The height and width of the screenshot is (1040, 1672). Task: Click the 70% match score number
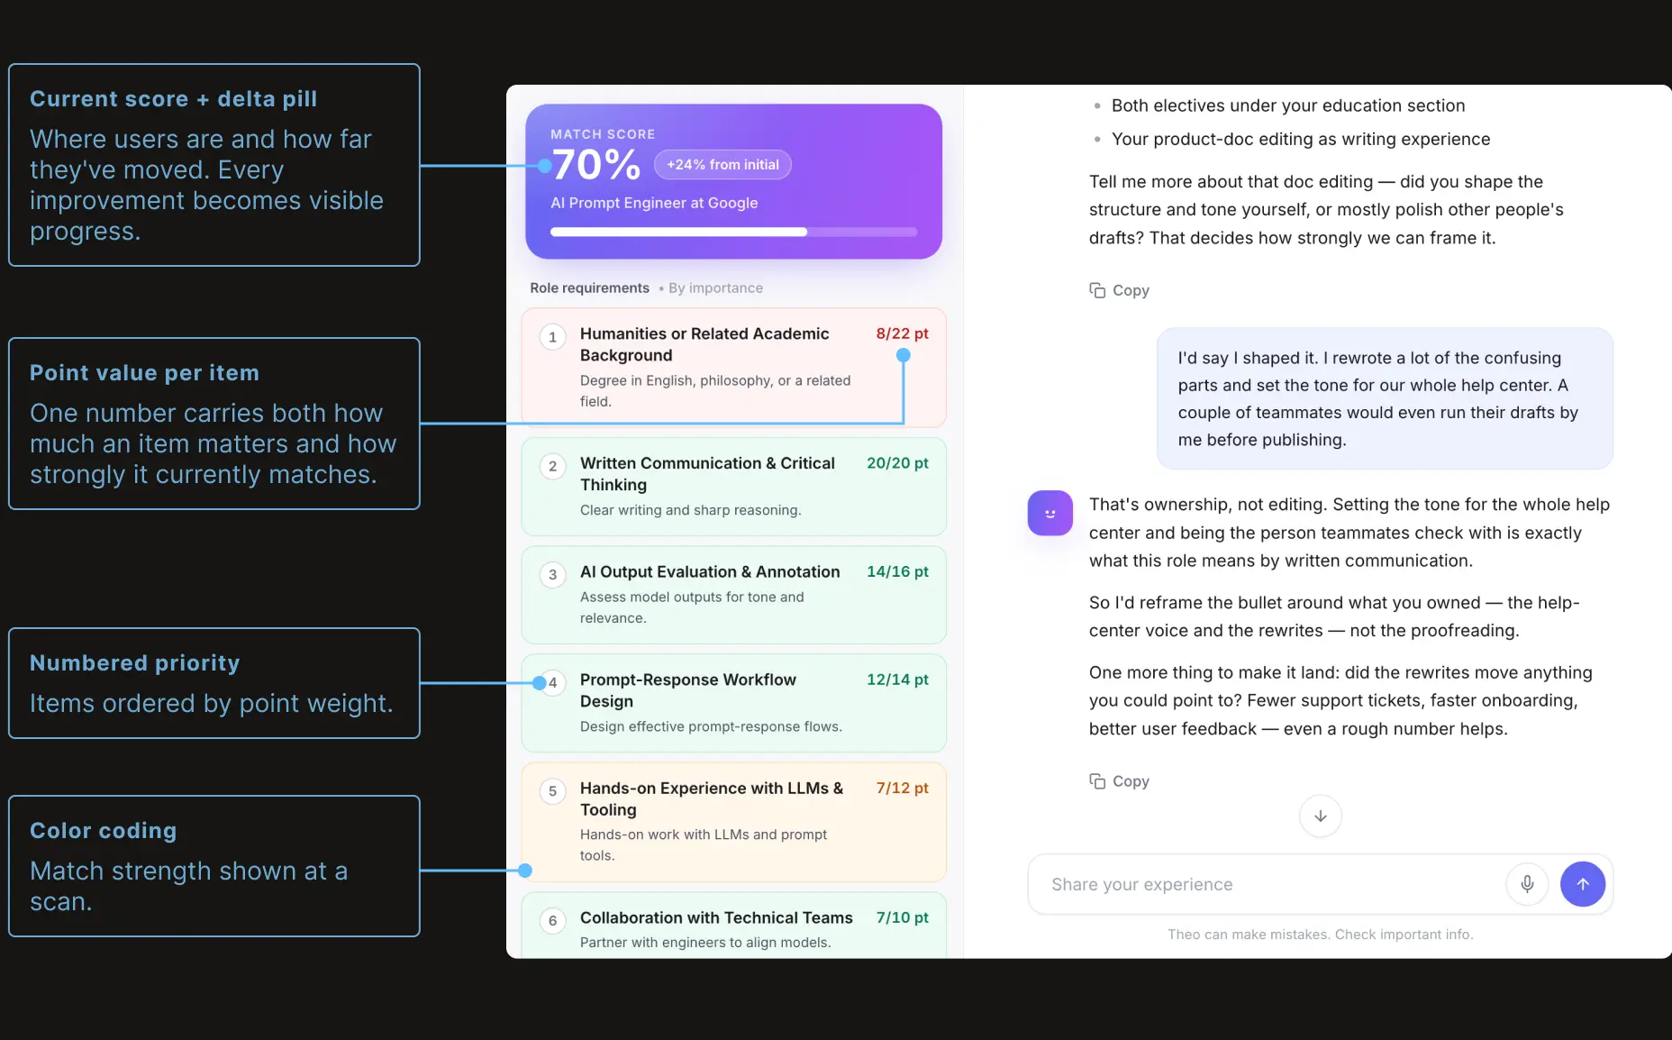(596, 165)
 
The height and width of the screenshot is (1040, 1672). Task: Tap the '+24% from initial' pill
(722, 165)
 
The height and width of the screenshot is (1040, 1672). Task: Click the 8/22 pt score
(902, 333)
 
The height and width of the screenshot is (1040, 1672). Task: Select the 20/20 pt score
(897, 463)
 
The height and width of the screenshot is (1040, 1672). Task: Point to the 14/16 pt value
(897, 571)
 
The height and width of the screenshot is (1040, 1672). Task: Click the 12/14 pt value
(897, 680)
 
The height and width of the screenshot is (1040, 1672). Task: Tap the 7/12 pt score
(902, 788)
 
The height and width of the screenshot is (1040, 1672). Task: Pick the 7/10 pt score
(902, 917)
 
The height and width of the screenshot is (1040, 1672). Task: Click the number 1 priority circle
(552, 337)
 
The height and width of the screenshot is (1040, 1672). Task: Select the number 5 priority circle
(552, 791)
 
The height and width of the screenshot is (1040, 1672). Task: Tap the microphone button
(1527, 884)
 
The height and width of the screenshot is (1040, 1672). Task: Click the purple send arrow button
(1583, 884)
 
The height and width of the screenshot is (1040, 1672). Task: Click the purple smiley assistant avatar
(1050, 513)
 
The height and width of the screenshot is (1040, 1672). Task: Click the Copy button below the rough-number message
(1120, 781)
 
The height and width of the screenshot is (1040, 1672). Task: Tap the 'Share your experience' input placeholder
(1142, 885)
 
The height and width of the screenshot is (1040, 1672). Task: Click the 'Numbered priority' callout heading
(135, 663)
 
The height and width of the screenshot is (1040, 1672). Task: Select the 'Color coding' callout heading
(104, 831)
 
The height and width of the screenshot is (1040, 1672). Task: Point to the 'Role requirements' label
(589, 288)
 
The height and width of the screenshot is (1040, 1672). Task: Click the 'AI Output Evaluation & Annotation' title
(710, 571)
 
